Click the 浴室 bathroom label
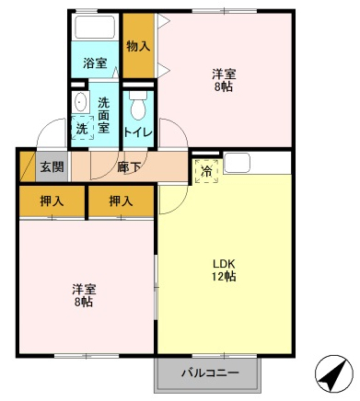[x=95, y=63]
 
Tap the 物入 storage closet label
[x=138, y=46]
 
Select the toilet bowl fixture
[x=138, y=105]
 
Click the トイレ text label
[x=138, y=132]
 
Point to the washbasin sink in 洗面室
[x=80, y=102]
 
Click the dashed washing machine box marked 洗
[x=83, y=128]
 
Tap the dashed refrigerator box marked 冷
[x=206, y=171]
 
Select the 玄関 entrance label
[x=52, y=167]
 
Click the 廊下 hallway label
[x=129, y=167]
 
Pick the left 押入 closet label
[x=52, y=201]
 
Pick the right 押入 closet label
[x=121, y=201]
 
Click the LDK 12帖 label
[x=224, y=269]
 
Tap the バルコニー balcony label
[x=210, y=373]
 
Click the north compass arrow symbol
[x=334, y=373]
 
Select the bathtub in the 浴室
[x=95, y=27]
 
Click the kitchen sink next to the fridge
[x=237, y=163]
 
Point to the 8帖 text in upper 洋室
[x=224, y=87]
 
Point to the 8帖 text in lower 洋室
[x=84, y=303]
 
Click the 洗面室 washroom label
[x=104, y=115]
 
